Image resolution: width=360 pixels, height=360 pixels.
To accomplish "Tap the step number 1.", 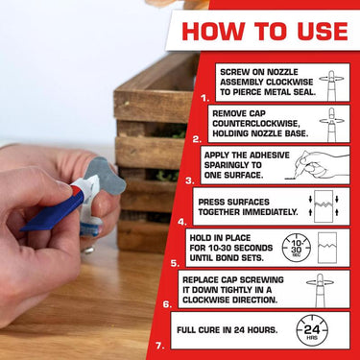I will pyautogui.click(x=204, y=98).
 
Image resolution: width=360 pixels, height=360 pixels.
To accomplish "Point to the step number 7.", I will pyautogui.click(x=159, y=345).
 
